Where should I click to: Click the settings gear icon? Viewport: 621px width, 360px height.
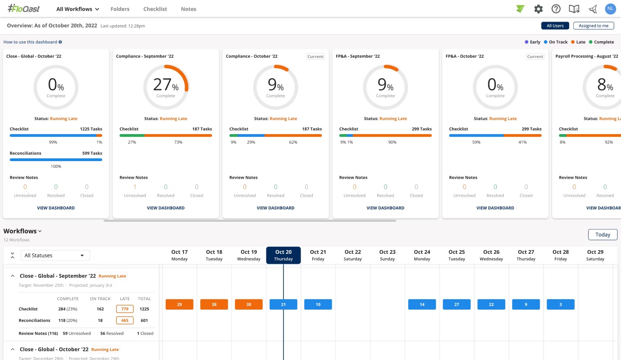(x=538, y=9)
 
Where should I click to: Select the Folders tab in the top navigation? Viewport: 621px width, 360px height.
(x=120, y=9)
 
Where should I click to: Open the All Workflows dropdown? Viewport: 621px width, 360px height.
(x=77, y=9)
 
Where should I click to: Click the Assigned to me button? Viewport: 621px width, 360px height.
(x=593, y=26)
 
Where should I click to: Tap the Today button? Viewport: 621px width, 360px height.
(x=603, y=234)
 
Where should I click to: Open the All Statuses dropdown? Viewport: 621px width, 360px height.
(x=55, y=255)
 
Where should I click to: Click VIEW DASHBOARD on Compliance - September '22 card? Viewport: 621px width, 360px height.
(x=166, y=208)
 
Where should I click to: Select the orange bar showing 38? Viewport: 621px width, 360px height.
(x=214, y=304)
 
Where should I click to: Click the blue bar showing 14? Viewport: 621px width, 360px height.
(x=422, y=304)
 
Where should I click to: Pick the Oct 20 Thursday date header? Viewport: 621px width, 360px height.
(x=283, y=255)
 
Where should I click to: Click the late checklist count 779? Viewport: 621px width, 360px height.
(x=125, y=309)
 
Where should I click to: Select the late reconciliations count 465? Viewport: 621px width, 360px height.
(x=125, y=320)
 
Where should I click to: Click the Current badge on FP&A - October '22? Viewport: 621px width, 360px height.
(x=535, y=57)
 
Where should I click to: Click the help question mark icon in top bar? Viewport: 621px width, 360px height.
(x=556, y=9)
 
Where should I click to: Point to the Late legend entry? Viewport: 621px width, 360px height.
(x=578, y=42)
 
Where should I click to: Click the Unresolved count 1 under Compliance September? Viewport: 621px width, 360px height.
(x=135, y=187)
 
